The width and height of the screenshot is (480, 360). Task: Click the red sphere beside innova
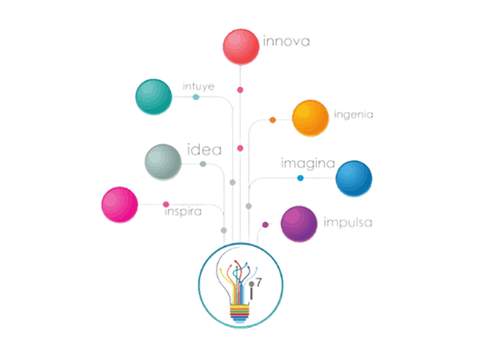click(x=240, y=46)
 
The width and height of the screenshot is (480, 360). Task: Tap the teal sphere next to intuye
click(x=154, y=96)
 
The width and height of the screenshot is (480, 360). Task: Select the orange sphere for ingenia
click(x=310, y=118)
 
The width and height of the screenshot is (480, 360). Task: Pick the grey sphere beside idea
click(x=163, y=162)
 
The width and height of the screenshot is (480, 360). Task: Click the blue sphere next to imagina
click(x=353, y=178)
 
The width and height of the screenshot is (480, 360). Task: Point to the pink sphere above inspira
click(x=120, y=204)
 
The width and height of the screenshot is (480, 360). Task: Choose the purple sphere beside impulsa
click(x=298, y=223)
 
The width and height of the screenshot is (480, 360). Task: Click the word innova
click(x=286, y=40)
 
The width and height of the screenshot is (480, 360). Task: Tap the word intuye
click(x=198, y=85)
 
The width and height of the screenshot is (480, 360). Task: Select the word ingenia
click(x=354, y=114)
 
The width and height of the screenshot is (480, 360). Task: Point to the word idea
click(x=203, y=150)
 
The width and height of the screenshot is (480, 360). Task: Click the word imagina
click(x=306, y=163)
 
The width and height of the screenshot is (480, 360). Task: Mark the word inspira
click(x=182, y=214)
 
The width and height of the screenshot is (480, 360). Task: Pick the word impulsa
click(x=347, y=222)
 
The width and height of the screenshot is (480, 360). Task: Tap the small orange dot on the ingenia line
click(x=273, y=120)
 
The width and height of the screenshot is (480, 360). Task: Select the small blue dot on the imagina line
click(x=300, y=178)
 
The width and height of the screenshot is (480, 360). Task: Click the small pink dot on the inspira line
click(x=166, y=204)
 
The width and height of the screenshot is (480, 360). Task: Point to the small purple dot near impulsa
click(x=266, y=225)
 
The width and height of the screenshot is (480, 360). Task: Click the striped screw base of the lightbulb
click(x=240, y=310)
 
